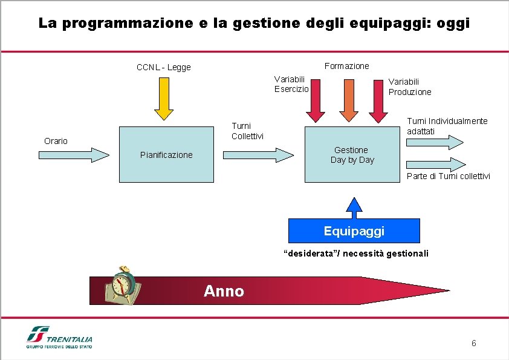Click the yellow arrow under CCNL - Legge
click(163, 98)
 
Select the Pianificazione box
click(166, 154)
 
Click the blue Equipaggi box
click(354, 231)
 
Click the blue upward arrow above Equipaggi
click(354, 207)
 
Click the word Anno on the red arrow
click(224, 292)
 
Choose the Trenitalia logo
click(59, 338)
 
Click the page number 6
click(474, 344)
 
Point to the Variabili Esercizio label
click(291, 83)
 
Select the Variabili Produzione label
click(410, 87)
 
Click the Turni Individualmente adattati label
click(447, 126)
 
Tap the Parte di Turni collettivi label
click(448, 176)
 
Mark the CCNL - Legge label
click(163, 67)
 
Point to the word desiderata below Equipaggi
click(312, 254)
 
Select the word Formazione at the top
click(346, 65)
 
